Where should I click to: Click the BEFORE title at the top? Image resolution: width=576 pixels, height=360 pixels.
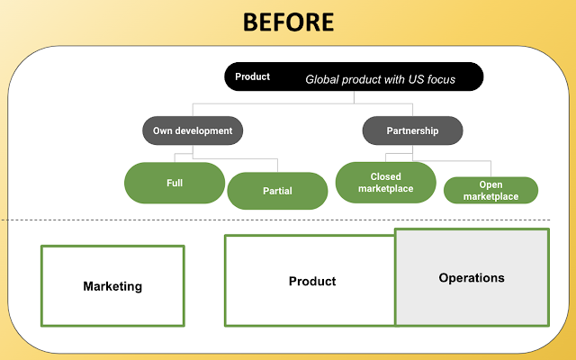(x=288, y=22)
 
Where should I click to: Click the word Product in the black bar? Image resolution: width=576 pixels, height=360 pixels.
(x=252, y=76)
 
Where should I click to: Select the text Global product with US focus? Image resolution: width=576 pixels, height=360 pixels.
(x=380, y=79)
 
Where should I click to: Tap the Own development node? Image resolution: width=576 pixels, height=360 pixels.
(x=193, y=130)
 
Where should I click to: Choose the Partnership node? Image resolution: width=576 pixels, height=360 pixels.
(x=412, y=130)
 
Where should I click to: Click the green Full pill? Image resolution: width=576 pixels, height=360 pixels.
(x=175, y=183)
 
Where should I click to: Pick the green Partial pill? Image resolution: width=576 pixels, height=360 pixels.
(x=277, y=191)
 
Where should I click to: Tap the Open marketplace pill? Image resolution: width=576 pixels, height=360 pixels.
(x=490, y=191)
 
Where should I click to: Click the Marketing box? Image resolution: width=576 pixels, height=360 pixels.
(x=112, y=286)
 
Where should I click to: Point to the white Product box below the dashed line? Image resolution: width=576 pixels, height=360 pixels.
(x=310, y=281)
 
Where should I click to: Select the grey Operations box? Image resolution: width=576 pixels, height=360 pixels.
(x=472, y=277)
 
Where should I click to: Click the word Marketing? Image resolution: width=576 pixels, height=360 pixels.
(x=112, y=286)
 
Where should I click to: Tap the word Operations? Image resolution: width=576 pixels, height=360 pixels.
(x=472, y=278)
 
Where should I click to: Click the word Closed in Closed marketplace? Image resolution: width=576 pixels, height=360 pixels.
(x=385, y=176)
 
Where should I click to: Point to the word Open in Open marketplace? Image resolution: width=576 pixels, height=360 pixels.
(x=490, y=184)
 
